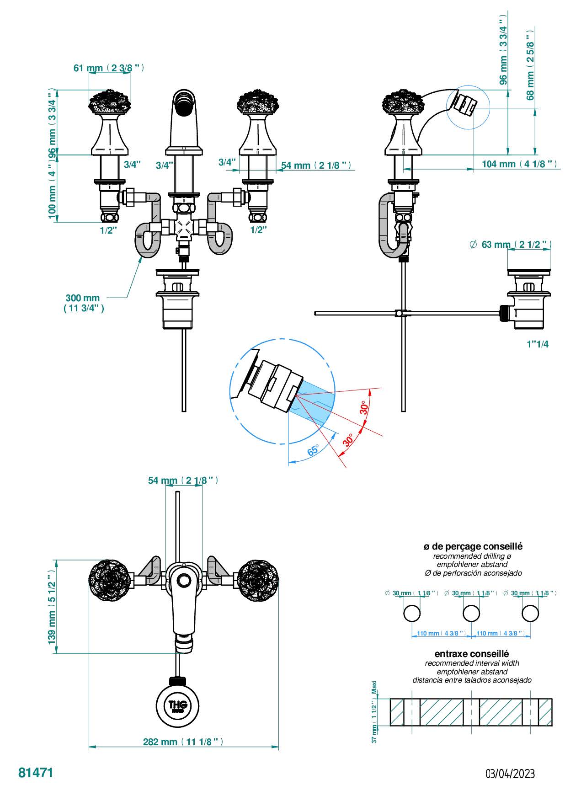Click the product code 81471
[x=36, y=772]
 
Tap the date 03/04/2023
[x=510, y=774]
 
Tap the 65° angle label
[x=313, y=450]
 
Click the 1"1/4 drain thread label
[x=537, y=344]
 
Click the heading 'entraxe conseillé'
[x=472, y=654]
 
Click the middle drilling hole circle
[x=471, y=613]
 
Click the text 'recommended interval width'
[x=472, y=663]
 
